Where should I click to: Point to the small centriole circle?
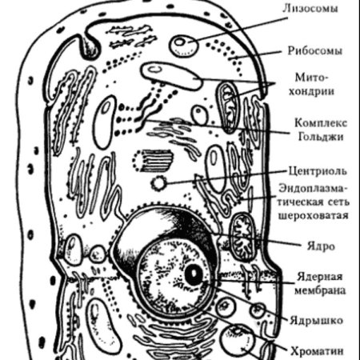[160, 182]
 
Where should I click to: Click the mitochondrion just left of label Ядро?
[241, 234]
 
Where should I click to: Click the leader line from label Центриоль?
[224, 177]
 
